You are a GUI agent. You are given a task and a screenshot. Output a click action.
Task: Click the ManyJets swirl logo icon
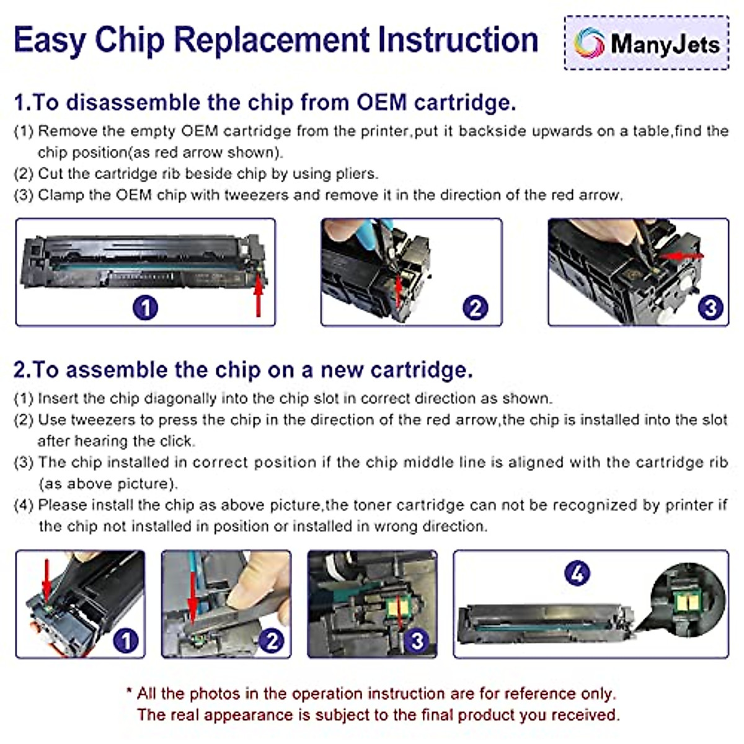click(589, 43)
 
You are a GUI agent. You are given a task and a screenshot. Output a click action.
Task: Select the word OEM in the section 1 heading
click(381, 103)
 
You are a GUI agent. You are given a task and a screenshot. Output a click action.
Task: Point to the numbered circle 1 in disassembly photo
click(146, 308)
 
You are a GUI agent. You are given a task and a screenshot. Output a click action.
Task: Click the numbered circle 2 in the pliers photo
click(476, 308)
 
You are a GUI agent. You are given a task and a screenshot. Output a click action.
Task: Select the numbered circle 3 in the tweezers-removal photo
click(711, 308)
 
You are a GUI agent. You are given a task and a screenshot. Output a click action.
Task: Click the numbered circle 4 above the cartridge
click(577, 573)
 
